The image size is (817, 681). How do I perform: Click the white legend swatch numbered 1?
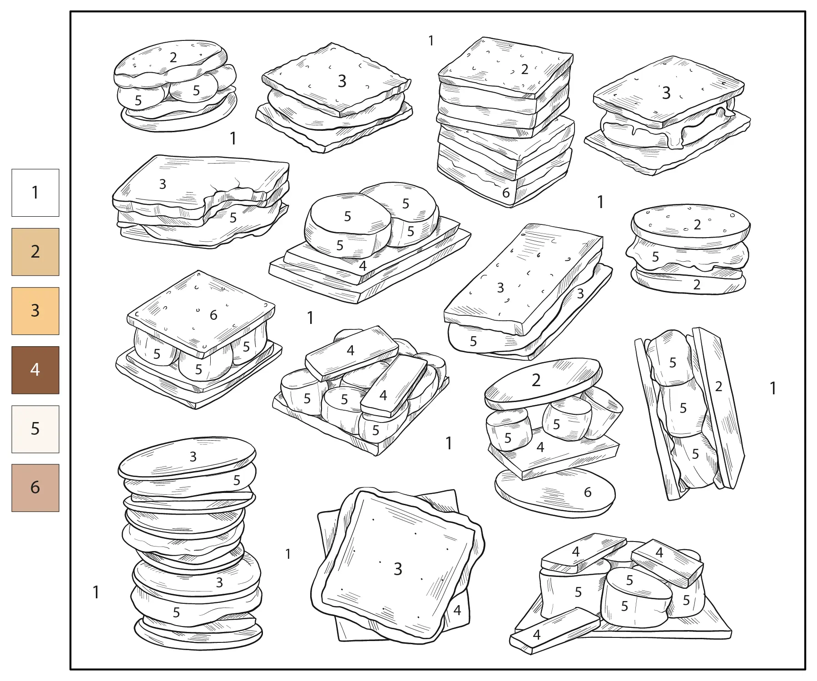[x=35, y=193]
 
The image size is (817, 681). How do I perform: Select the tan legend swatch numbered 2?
[x=35, y=252]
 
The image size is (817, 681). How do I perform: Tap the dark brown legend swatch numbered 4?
[x=35, y=370]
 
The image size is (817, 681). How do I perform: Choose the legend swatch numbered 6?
[x=35, y=488]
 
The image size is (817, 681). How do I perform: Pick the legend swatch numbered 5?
[x=35, y=429]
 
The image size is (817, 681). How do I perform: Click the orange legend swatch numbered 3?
[x=35, y=311]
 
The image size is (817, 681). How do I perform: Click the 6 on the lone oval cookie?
[x=588, y=492]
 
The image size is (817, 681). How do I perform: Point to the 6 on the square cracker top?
[x=213, y=315]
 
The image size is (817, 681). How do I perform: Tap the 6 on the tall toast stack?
[x=506, y=193]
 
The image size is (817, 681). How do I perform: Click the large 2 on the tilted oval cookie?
[x=536, y=380]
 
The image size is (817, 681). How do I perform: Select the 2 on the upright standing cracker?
[x=718, y=386]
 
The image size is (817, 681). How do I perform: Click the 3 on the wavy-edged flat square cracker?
[x=398, y=569]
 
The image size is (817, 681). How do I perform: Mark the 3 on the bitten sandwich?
[x=163, y=184]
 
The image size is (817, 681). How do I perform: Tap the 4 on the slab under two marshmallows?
[x=362, y=266]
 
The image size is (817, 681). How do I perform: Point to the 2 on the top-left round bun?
[x=173, y=57]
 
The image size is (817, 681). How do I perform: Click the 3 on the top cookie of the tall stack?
[x=193, y=456]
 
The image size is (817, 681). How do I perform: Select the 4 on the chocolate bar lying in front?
[x=537, y=635]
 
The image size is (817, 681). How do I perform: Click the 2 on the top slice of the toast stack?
[x=525, y=69]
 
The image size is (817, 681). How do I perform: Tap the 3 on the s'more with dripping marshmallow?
[x=666, y=93]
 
